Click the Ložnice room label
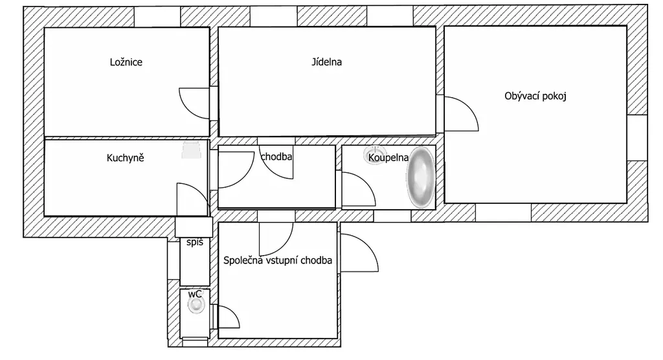126,62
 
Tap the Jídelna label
326,62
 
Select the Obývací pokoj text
535,96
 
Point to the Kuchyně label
125,158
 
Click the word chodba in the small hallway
276,157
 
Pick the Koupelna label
388,158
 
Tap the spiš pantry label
195,242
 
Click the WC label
195,293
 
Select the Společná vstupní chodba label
278,260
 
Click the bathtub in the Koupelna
421,177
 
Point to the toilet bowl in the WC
196,304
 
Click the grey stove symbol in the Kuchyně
192,151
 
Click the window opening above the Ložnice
157,17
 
